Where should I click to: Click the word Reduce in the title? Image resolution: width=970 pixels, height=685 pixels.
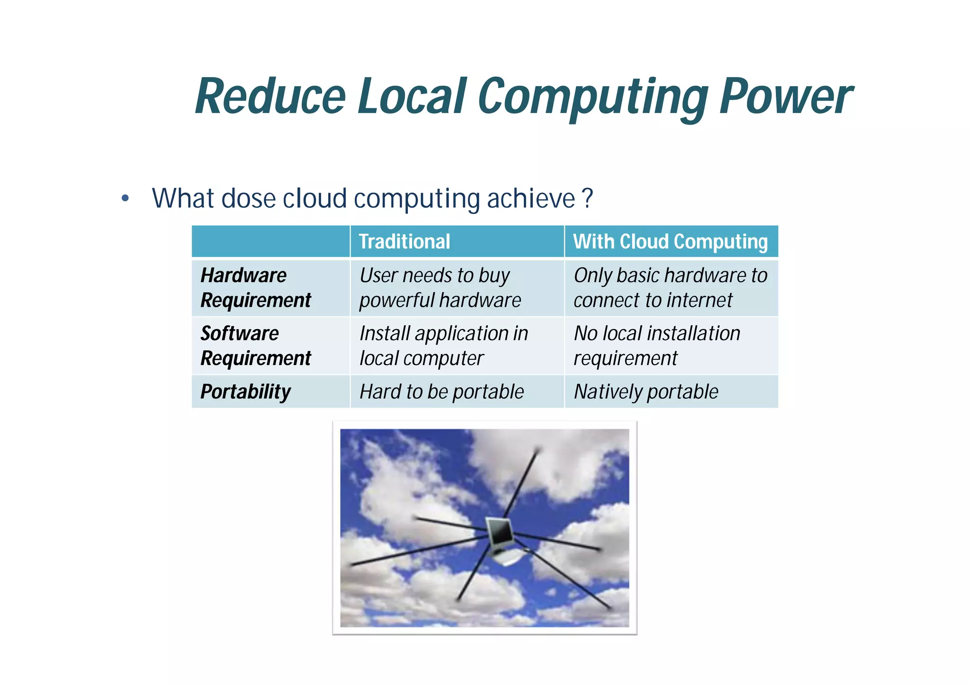(270, 97)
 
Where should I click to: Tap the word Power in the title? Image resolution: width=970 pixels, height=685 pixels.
(785, 97)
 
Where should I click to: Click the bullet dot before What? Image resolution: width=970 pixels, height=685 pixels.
(125, 198)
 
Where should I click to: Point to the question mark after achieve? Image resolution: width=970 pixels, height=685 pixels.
(587, 198)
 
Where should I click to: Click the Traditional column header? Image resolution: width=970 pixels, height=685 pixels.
(404, 241)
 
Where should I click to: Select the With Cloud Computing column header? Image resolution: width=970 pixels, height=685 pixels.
(670, 241)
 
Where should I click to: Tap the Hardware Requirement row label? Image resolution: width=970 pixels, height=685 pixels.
(256, 288)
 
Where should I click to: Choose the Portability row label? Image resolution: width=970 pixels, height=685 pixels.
(245, 392)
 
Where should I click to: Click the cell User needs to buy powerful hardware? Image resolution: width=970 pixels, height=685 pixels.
(440, 288)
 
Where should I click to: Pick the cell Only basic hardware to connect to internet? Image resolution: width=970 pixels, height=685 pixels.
(670, 288)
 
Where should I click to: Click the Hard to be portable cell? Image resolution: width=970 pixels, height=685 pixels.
(441, 392)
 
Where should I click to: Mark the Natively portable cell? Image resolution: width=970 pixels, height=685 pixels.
(646, 392)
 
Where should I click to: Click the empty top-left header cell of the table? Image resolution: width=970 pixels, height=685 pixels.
(270, 241)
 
